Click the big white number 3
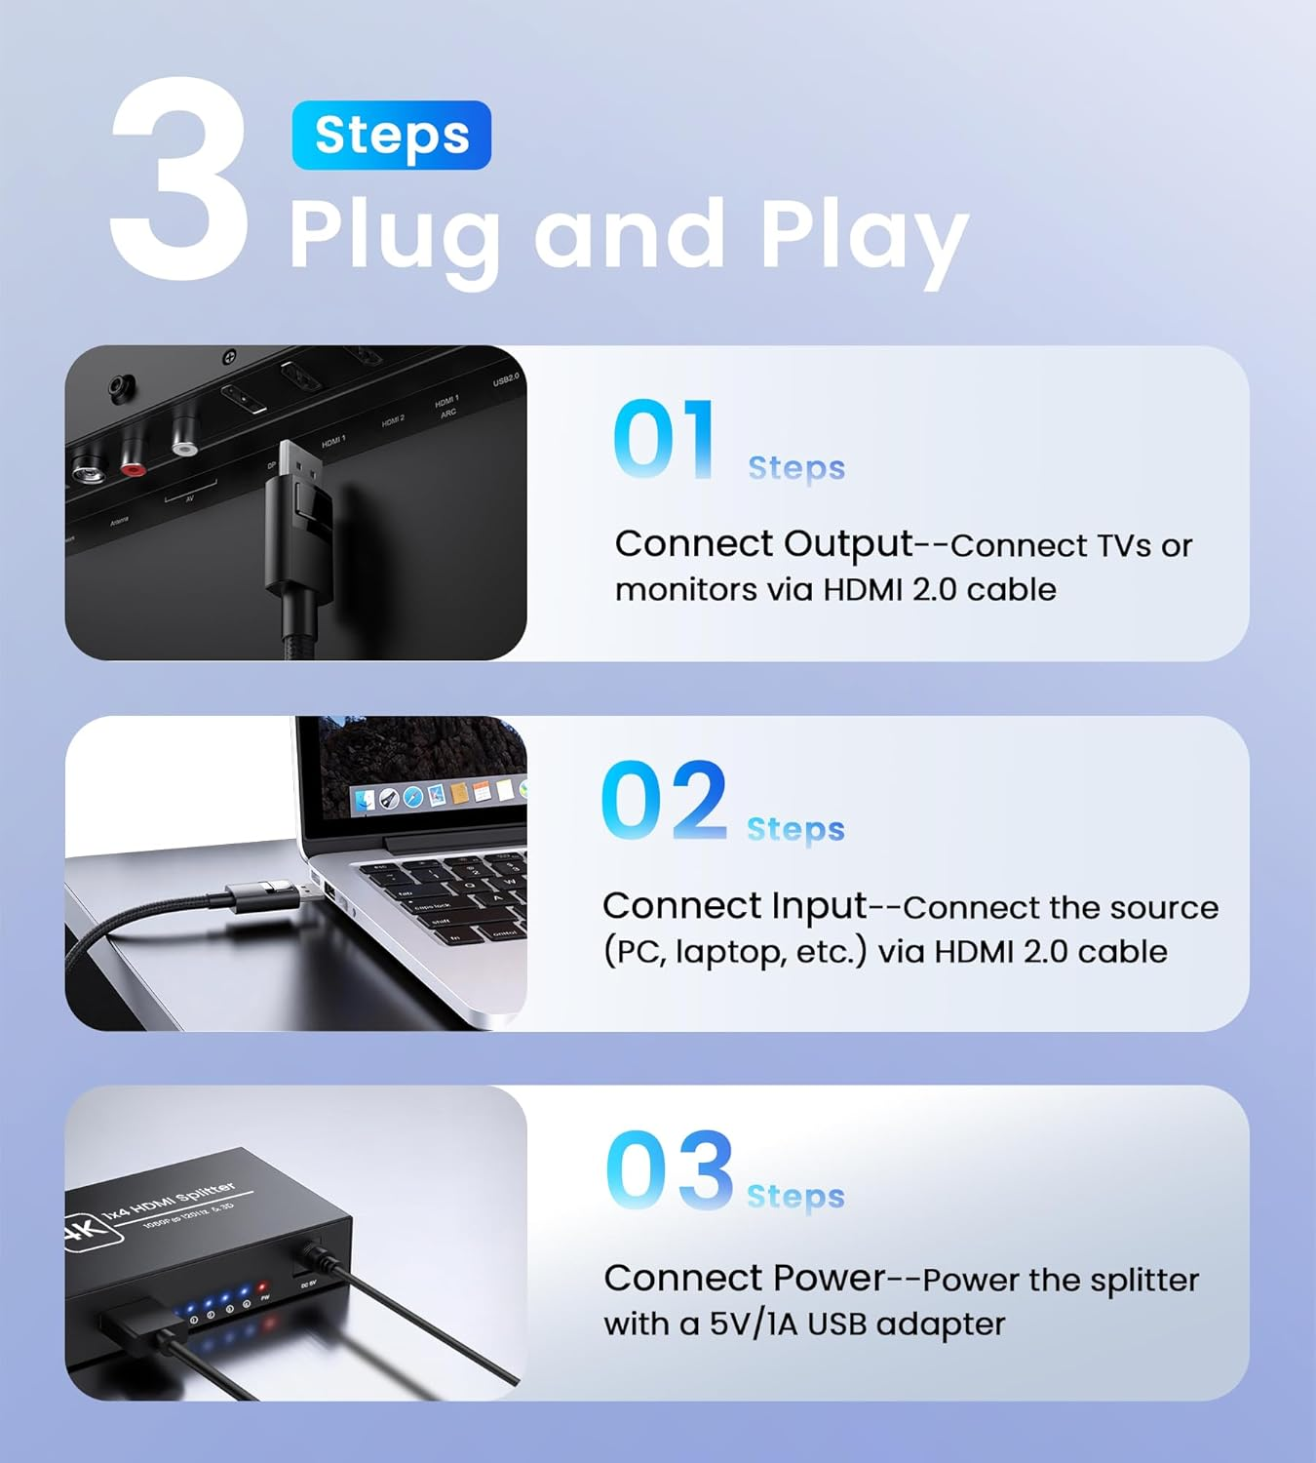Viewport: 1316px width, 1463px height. pyautogui.click(x=180, y=180)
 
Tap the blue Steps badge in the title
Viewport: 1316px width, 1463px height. pyautogui.click(x=391, y=135)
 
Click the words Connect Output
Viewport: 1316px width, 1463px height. pyautogui.click(x=763, y=544)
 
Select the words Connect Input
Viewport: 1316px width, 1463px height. pyautogui.click(x=734, y=906)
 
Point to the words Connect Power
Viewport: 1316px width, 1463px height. pyautogui.click(x=744, y=1278)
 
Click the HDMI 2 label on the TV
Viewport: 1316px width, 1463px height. pyautogui.click(x=393, y=420)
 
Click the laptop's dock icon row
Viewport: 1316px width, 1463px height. pyautogui.click(x=439, y=795)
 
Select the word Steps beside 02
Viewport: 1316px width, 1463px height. pyautogui.click(x=795, y=829)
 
